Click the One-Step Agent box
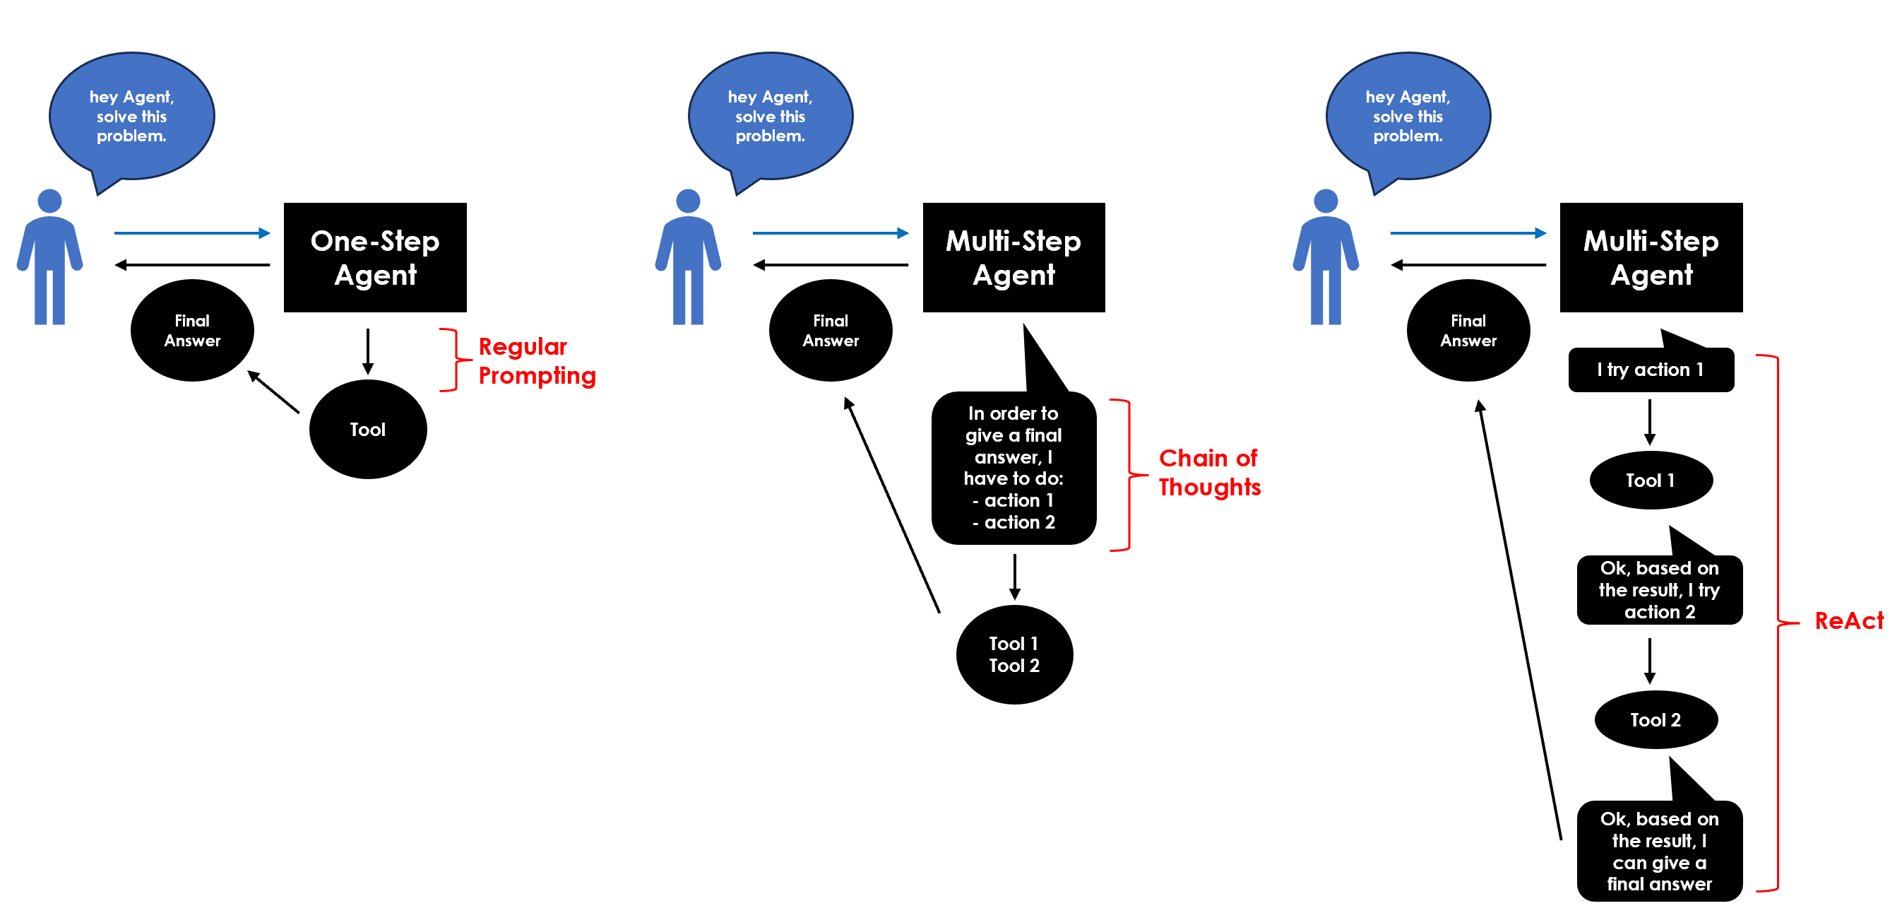pyautogui.click(x=375, y=257)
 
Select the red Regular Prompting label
pyautogui.click(x=536, y=360)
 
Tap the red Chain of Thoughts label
pyautogui.click(x=1209, y=473)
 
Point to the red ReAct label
pyautogui.click(x=1848, y=620)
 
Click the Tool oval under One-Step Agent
pyautogui.click(x=368, y=429)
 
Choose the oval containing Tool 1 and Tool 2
pyautogui.click(x=1014, y=654)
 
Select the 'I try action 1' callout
pyautogui.click(x=1651, y=370)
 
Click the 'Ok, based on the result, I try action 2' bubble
pyautogui.click(x=1659, y=589)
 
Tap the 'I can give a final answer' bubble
pyautogui.click(x=1659, y=851)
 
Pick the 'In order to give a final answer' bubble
pyautogui.click(x=1014, y=469)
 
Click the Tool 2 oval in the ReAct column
pyautogui.click(x=1656, y=719)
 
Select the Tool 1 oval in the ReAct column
pyautogui.click(x=1651, y=480)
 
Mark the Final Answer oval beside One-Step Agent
pyautogui.click(x=192, y=330)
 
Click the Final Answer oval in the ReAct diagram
pyautogui.click(x=1468, y=330)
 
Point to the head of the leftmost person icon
pyautogui.click(x=49, y=201)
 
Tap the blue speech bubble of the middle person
pyautogui.click(x=770, y=116)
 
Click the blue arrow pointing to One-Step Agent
pyautogui.click(x=192, y=232)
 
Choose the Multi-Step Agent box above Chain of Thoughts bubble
pyautogui.click(x=1014, y=257)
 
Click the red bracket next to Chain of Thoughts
pyautogui.click(x=1127, y=475)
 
